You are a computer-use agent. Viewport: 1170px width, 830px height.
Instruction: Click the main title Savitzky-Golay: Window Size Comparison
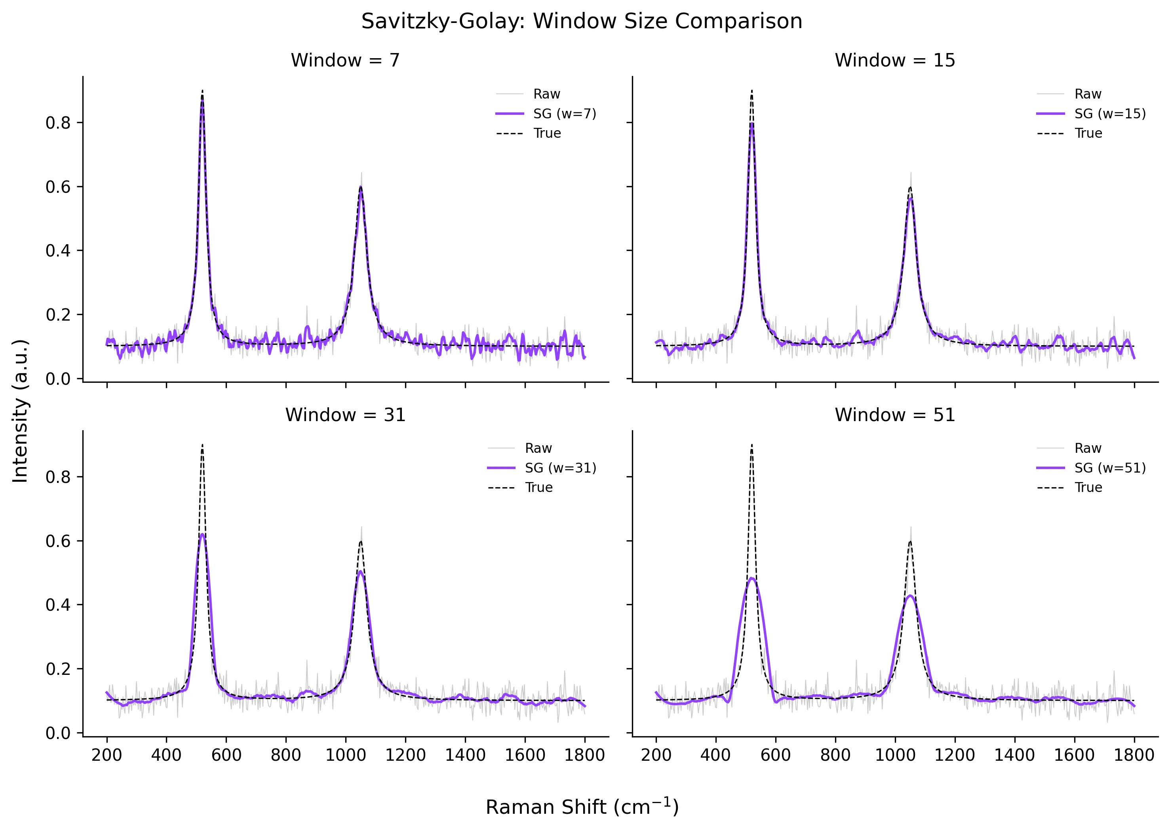click(581, 21)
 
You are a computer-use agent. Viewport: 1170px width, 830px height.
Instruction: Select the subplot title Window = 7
click(345, 60)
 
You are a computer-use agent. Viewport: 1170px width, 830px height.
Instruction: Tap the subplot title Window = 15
click(894, 60)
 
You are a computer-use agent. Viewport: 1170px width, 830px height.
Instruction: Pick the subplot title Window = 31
click(345, 414)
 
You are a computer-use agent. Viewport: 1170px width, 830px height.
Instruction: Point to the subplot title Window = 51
click(894, 414)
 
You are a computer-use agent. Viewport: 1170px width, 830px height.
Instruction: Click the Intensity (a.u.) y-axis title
click(21, 410)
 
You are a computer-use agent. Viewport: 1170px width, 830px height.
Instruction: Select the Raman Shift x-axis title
click(582, 807)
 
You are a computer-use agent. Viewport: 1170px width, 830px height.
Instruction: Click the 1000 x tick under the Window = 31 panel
click(346, 755)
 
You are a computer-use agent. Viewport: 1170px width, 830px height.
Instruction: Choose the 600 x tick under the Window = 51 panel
click(775, 755)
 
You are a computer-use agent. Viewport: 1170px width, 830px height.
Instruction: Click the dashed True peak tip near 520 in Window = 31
click(202, 445)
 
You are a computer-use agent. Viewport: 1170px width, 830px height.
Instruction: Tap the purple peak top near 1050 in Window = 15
click(911, 199)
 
